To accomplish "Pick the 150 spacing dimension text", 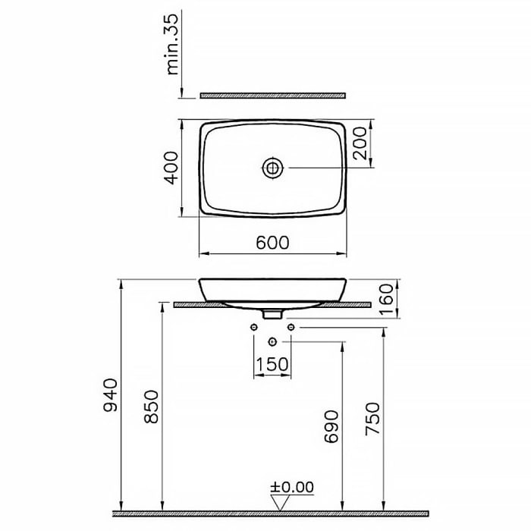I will pos(272,364).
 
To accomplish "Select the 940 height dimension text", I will pos(112,394).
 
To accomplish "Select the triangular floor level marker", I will pos(282,502).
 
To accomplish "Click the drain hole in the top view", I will pos(272,167).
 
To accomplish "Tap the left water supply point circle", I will pos(253,327).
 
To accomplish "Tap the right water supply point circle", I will pos(291,327).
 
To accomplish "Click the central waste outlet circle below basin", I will pos(272,342).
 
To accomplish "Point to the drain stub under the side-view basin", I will pos(272,313).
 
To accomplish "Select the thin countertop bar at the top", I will pos(272,96).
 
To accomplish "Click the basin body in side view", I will pos(272,291).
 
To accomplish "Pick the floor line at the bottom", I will pos(272,513).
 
